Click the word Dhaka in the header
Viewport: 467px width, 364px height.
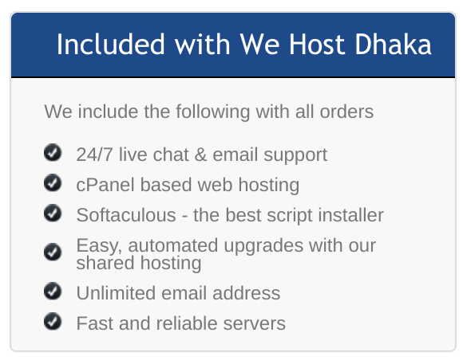393,44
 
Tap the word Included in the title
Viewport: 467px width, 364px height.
110,44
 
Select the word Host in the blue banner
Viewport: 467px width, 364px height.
317,44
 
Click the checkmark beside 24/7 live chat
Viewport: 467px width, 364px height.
53,152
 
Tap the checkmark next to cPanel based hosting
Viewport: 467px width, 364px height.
53,182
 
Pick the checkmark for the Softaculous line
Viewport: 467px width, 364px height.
53,213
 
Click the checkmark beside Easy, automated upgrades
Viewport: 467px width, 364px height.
53,252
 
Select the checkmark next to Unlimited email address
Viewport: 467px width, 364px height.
53,291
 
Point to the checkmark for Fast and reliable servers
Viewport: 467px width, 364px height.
53,321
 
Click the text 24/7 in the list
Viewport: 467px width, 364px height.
94,155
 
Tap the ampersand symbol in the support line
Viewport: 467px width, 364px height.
201,155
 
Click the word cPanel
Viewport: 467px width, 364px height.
105,185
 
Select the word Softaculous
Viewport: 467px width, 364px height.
126,215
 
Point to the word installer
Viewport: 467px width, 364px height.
350,215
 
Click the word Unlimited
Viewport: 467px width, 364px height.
116,293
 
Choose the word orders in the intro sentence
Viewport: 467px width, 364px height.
346,112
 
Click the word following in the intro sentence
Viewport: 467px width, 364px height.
212,112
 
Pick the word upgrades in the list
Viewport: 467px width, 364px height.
263,246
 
